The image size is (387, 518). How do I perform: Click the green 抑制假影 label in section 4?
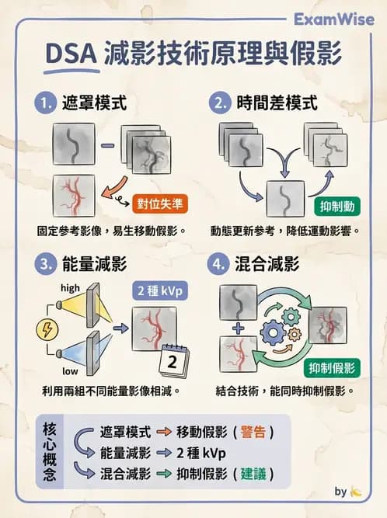click(x=333, y=367)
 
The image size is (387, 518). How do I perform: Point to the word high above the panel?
click(x=70, y=287)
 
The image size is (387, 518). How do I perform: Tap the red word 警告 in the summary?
click(x=253, y=433)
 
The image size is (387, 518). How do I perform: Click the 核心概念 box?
click(x=50, y=452)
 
